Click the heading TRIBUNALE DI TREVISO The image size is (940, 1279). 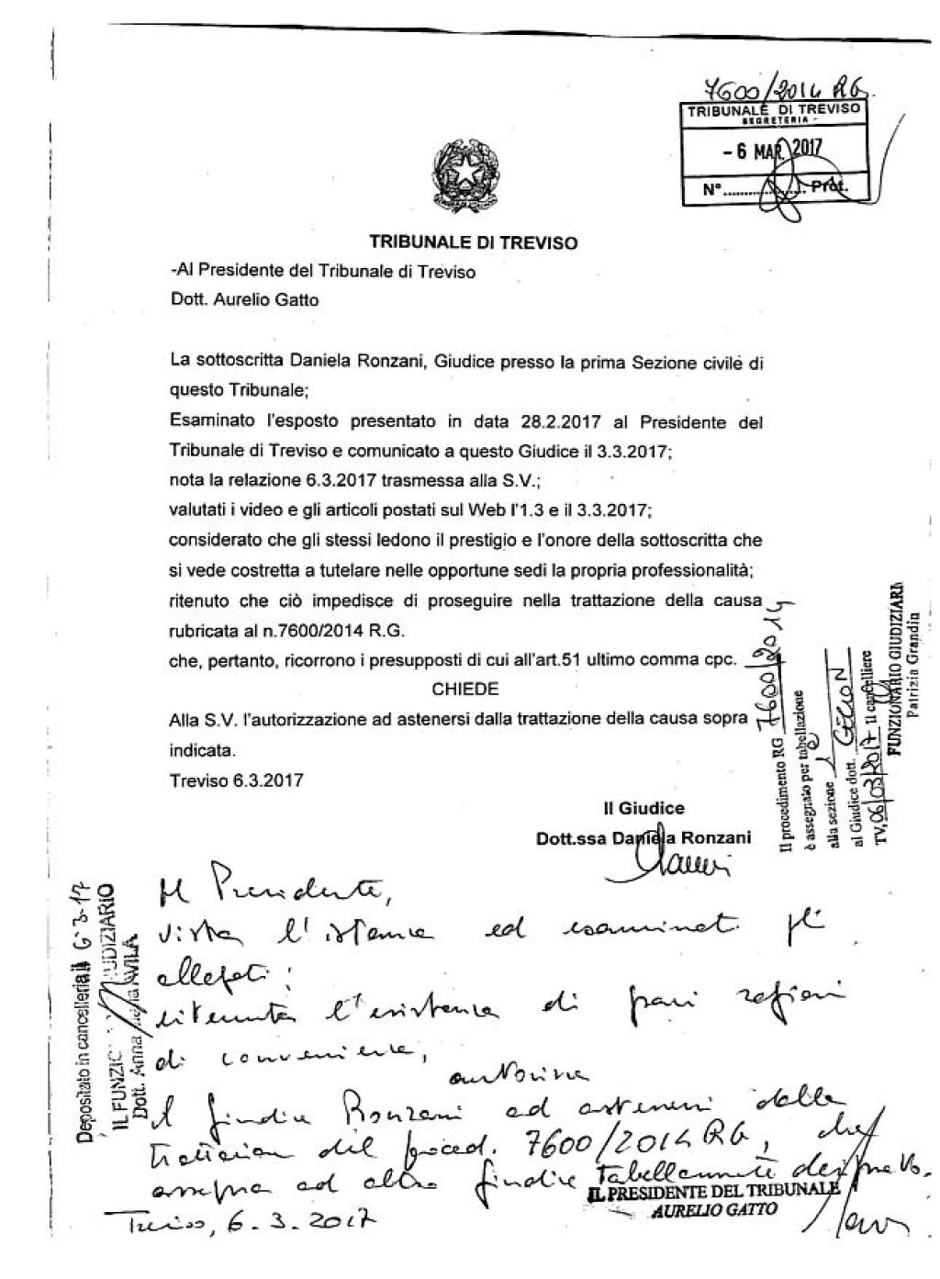pyautogui.click(x=473, y=243)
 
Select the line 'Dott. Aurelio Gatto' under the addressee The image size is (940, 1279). pyautogui.click(x=245, y=299)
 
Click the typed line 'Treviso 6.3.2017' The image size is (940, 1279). pyautogui.click(x=237, y=780)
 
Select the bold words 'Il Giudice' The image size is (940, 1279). pyautogui.click(x=643, y=809)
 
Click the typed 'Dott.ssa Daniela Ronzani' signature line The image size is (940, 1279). pyautogui.click(x=643, y=837)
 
